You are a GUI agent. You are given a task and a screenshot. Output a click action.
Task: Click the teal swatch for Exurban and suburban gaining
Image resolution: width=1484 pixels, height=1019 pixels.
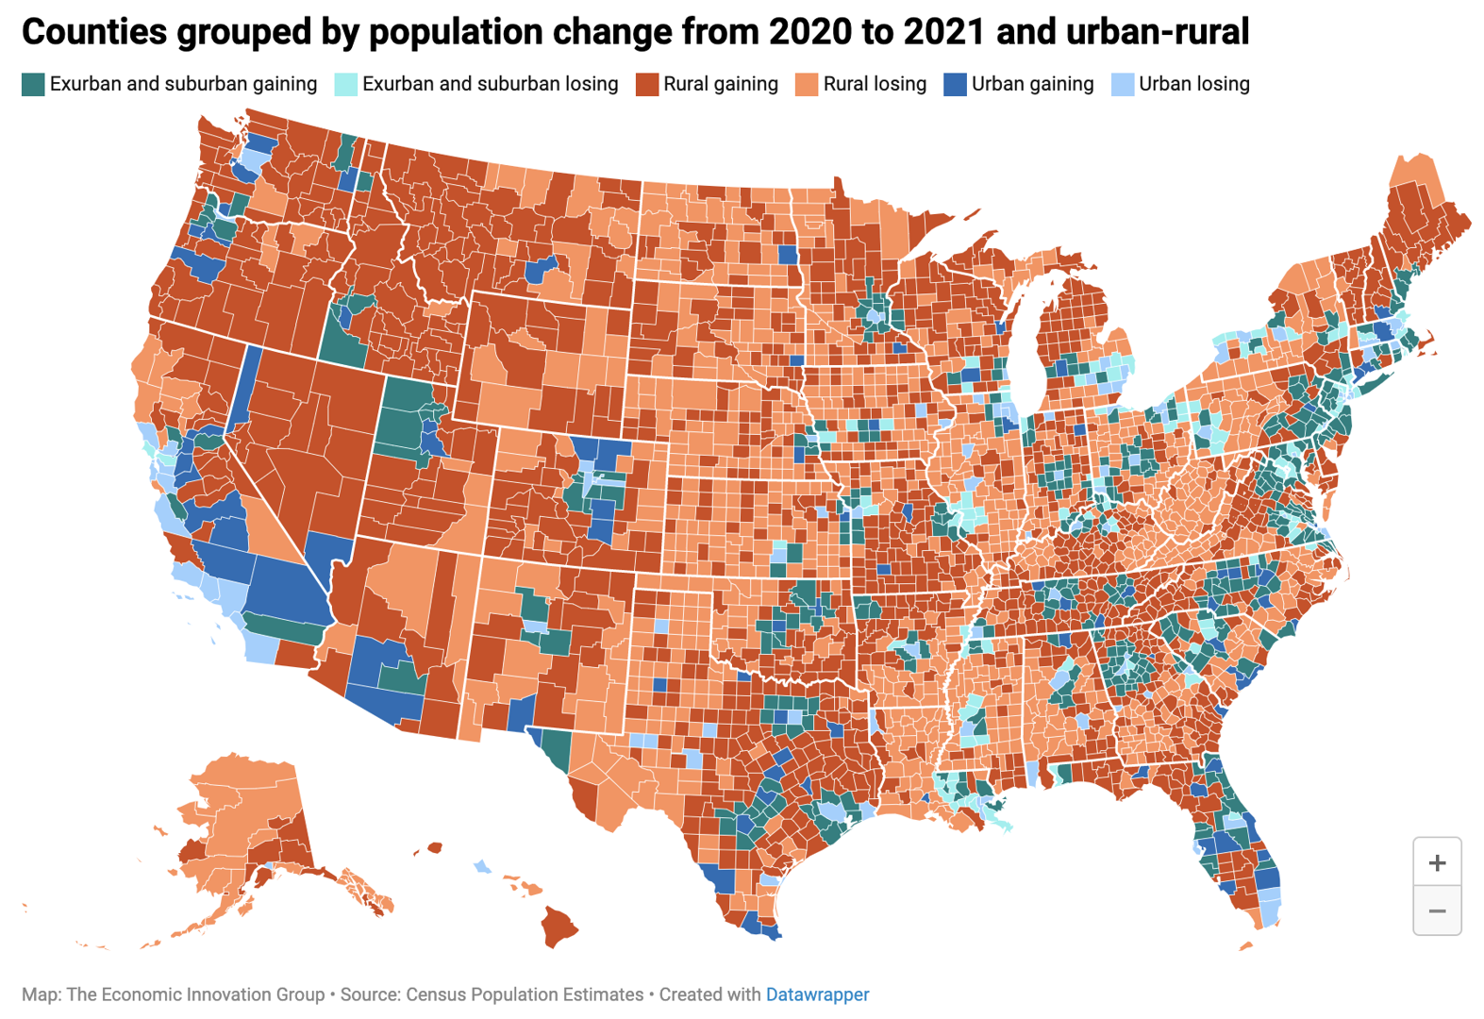point(33,84)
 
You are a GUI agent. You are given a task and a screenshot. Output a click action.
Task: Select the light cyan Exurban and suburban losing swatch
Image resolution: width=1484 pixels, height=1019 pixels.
point(346,84)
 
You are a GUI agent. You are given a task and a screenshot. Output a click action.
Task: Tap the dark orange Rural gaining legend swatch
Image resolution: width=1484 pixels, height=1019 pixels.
point(646,84)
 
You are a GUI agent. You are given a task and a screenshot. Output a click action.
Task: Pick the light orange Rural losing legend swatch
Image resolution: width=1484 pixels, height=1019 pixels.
point(807,84)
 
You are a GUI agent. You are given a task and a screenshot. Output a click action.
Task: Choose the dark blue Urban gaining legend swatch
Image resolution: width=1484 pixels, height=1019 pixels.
point(955,84)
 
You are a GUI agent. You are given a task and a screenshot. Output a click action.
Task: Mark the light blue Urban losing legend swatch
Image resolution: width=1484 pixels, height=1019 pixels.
point(1123,84)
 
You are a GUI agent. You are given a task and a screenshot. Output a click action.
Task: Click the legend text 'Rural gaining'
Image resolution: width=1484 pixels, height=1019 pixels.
point(721,84)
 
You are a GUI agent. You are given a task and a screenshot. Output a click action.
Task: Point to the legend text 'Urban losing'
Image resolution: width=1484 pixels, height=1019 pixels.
point(1194,84)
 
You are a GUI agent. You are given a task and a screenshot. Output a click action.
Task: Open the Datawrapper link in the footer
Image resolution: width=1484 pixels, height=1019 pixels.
point(817,994)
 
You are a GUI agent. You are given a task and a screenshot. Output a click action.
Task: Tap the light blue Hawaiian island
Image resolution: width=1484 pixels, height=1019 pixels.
point(482,866)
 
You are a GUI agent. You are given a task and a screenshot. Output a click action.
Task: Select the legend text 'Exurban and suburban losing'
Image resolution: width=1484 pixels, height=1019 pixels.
point(491,84)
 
